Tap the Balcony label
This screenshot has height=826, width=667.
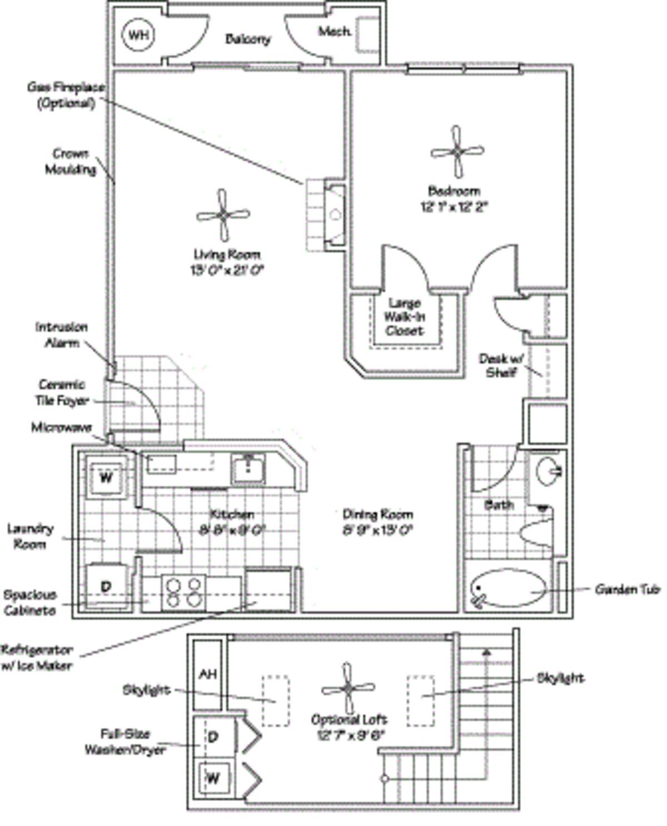coord(248,39)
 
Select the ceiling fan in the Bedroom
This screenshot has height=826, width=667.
coord(456,151)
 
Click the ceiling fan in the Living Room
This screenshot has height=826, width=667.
coord(222,215)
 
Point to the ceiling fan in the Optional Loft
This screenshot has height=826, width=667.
coord(348,688)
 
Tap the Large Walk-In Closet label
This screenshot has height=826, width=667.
coord(405,317)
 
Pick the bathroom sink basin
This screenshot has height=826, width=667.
coord(548,471)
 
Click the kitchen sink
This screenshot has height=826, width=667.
coord(248,469)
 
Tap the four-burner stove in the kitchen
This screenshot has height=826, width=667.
coord(183,593)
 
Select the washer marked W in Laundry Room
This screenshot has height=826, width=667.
coord(106,477)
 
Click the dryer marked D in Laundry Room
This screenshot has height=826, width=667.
coord(106,586)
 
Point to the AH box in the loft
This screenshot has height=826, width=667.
coord(207,674)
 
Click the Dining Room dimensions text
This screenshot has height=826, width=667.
coord(377,530)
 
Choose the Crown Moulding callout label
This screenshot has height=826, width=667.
coord(71,161)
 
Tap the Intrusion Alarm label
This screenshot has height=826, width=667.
coord(62,335)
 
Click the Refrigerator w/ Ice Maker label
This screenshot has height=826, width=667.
coord(37,657)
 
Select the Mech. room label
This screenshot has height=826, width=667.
coord(335,32)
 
